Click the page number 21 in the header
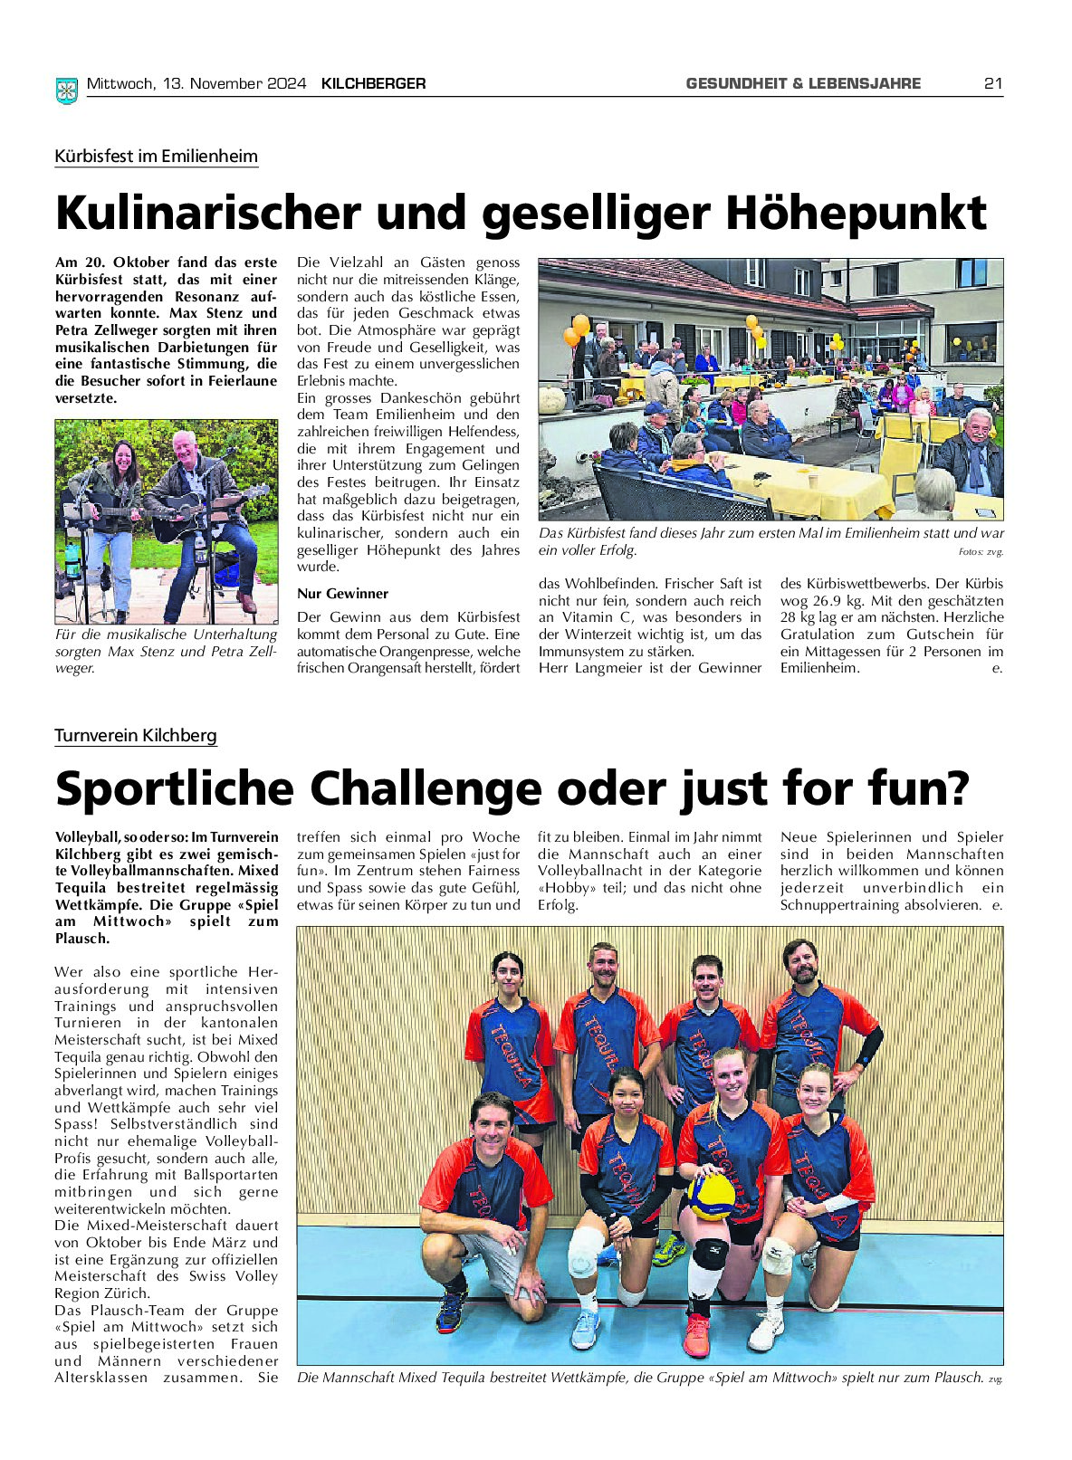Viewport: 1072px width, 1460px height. click(993, 83)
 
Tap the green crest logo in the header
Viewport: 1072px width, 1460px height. click(66, 89)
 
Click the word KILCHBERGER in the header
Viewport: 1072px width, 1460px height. click(373, 83)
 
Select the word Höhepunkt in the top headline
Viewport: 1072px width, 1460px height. click(856, 213)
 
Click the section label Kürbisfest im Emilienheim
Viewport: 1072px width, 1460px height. click(156, 156)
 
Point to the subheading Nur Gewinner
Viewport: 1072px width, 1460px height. click(342, 594)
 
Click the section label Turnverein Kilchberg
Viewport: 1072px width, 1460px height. click(135, 735)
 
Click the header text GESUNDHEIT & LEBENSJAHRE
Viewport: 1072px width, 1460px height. click(803, 83)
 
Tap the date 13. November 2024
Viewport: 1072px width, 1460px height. click(234, 83)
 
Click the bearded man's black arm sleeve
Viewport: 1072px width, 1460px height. click(869, 1045)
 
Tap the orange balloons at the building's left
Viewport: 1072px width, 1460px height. click(576, 330)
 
